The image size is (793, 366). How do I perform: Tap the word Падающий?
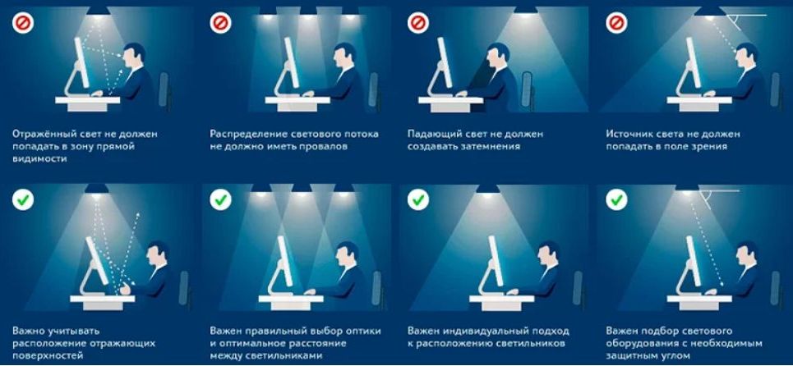tap(432, 132)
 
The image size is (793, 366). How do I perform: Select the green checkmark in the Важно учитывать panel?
tap(23, 199)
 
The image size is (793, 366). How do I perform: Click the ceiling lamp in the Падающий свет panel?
tap(501, 11)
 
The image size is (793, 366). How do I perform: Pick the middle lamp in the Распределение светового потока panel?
tap(308, 11)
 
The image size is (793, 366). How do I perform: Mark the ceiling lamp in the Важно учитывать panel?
tap(97, 189)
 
